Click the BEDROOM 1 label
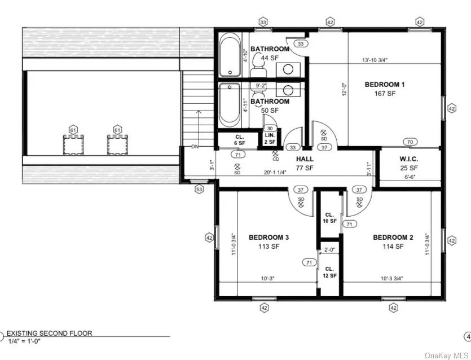[x=385, y=85]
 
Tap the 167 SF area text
[x=385, y=94]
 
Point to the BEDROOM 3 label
[x=268, y=238]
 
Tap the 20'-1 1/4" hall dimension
[x=283, y=173]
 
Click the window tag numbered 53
[x=199, y=190]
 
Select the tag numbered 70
[x=410, y=142]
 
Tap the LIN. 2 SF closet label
[x=270, y=138]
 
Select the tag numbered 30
[x=270, y=128]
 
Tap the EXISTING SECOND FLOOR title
[x=49, y=333]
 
